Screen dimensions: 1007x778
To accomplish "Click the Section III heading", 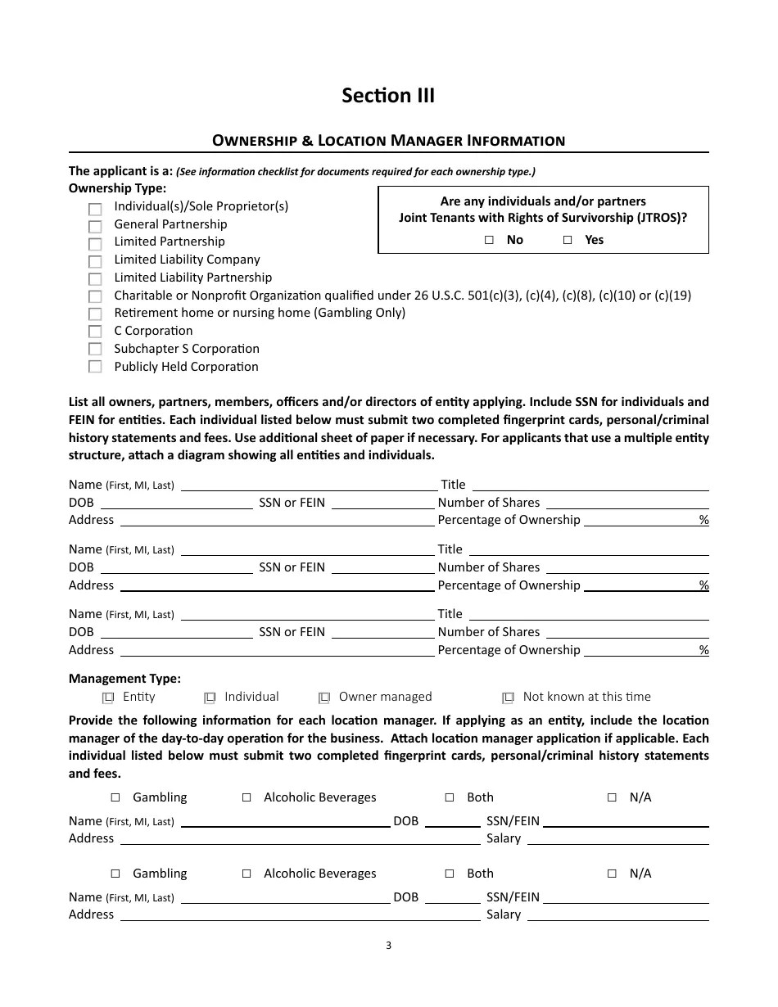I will click(388, 96).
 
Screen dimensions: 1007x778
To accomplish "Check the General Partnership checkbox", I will click(95, 226).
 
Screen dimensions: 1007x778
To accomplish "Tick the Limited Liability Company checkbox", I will click(95, 261).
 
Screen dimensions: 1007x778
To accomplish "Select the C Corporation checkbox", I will click(95, 332).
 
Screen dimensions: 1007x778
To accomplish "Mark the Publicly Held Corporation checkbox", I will click(95, 367).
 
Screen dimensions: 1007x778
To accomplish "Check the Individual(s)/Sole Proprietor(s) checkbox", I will click(95, 209).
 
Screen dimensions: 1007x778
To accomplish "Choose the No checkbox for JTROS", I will click(489, 240).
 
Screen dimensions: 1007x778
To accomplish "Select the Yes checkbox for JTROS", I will click(568, 240).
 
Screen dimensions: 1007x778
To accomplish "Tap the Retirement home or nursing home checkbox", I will click(95, 314).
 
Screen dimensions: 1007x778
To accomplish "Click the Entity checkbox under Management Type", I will click(108, 698).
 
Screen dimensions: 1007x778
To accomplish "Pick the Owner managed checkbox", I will click(324, 698).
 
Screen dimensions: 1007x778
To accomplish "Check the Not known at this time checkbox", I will click(509, 698).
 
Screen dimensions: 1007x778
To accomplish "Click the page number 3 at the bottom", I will click(388, 946).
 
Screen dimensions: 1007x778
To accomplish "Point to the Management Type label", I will click(124, 679).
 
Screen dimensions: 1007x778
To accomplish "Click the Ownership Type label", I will click(117, 188).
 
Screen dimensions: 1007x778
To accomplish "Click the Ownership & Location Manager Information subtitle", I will click(388, 140).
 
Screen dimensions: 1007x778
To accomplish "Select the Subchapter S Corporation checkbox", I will click(95, 350).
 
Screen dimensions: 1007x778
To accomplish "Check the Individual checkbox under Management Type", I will click(210, 698).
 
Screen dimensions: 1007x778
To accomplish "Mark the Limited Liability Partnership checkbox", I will click(95, 278).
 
